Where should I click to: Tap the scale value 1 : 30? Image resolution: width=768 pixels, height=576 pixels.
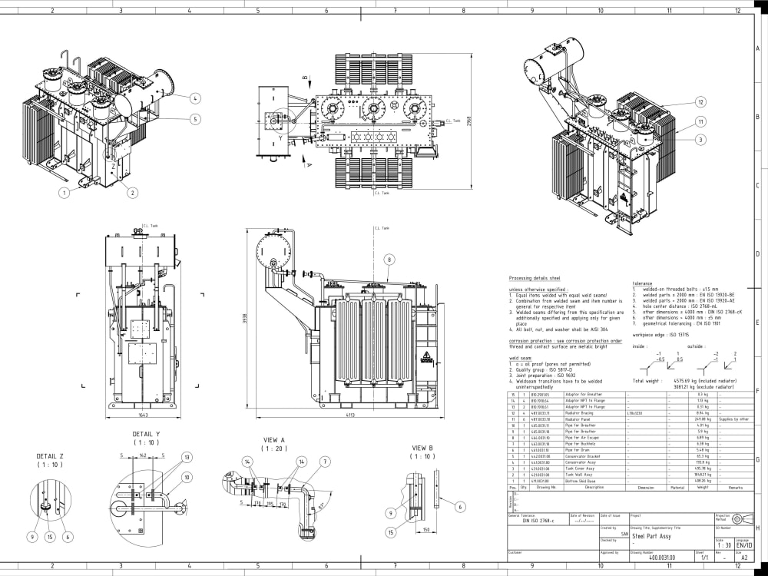pos(723,545)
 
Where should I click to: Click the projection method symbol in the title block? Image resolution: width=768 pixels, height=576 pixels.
pos(739,519)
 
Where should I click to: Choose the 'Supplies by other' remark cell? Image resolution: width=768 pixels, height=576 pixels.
pos(733,419)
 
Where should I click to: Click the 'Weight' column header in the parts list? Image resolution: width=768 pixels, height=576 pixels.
pos(703,487)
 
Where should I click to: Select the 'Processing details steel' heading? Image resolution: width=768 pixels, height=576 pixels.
pos(535,277)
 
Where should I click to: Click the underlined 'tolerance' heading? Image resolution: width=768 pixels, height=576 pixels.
pos(642,283)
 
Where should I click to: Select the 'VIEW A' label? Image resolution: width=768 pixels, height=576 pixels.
pos(274,440)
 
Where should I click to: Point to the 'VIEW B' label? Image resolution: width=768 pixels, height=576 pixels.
pos(422,448)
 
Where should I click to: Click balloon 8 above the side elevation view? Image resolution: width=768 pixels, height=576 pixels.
pos(389,260)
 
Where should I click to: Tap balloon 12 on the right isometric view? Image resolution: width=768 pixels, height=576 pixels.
pos(700,101)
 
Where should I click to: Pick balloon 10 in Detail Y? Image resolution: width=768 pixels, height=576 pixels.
pos(187,476)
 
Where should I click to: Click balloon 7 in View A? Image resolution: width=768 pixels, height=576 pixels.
pos(325,462)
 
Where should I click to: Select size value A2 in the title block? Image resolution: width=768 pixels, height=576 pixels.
pos(743,557)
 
